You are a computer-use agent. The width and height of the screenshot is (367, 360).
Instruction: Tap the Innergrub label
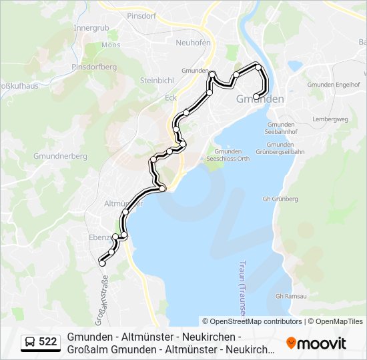tap(91, 28)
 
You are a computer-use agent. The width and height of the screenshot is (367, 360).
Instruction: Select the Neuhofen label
tap(193, 43)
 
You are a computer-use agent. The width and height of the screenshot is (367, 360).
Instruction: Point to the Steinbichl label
tap(158, 81)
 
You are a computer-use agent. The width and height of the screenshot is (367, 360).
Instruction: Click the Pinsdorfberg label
tap(93, 67)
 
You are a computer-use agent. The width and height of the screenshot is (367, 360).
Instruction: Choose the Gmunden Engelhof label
tap(334, 85)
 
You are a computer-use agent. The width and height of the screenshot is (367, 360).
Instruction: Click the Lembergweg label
tap(330, 119)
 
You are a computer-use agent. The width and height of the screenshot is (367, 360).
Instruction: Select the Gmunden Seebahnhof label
tap(280, 129)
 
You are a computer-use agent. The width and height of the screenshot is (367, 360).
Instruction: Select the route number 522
tap(47, 342)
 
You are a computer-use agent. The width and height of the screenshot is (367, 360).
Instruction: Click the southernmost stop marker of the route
tap(102, 263)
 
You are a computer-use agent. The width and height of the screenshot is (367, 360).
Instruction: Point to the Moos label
tap(111, 45)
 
